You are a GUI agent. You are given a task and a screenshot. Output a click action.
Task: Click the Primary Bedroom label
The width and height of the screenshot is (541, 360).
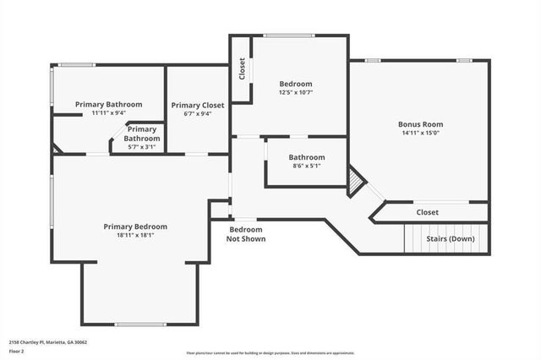tap(135, 226)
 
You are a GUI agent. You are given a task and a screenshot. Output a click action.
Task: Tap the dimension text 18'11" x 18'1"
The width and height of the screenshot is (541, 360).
tap(135, 235)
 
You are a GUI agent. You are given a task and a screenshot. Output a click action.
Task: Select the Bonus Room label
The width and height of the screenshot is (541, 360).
tap(421, 124)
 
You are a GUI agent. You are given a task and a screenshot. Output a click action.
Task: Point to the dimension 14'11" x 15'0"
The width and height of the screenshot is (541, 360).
tap(421, 133)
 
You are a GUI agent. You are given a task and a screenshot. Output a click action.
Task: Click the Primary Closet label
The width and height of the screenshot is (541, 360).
tap(197, 105)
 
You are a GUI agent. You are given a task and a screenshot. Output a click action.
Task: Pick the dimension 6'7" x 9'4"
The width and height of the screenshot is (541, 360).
tap(197, 113)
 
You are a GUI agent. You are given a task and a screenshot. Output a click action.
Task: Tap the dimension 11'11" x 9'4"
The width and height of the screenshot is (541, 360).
tap(108, 112)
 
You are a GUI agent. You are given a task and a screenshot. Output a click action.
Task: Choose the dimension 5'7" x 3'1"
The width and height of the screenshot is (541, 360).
tap(142, 146)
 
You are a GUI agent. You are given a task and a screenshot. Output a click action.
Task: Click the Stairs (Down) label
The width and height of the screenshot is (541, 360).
tap(449, 238)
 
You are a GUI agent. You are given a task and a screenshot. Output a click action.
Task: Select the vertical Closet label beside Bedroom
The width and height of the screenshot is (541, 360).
tap(243, 68)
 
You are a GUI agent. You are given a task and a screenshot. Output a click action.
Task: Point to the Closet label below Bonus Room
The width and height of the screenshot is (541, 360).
tap(427, 212)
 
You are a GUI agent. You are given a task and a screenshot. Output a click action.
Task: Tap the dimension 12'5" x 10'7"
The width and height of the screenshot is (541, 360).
tap(296, 93)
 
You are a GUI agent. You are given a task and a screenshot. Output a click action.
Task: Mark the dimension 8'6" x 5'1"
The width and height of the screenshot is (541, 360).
tap(306, 166)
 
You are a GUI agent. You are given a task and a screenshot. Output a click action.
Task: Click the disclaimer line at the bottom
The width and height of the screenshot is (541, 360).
tap(270, 353)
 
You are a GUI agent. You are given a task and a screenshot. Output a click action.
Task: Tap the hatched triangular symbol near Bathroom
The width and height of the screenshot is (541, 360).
tap(356, 181)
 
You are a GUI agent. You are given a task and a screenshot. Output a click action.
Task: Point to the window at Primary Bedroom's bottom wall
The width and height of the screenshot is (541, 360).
tap(140, 324)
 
